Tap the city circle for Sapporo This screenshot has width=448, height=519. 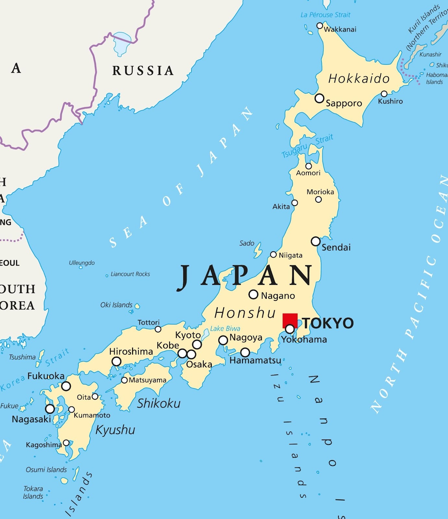click(320, 98)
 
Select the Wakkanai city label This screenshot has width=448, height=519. click(340, 30)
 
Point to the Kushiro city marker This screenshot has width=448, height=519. click(384, 94)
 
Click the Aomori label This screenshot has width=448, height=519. click(308, 173)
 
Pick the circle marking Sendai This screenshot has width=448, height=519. click(315, 241)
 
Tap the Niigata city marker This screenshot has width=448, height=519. click(273, 255)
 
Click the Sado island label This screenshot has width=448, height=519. click(247, 243)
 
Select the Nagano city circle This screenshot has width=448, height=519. click(253, 295)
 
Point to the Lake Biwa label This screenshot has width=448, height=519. click(225, 329)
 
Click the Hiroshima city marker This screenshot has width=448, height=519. click(116, 361)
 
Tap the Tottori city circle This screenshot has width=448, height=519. click(158, 329)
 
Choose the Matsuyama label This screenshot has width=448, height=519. click(148, 380)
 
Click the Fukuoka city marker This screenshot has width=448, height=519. click(66, 386)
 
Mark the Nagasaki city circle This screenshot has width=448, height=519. click(50, 409)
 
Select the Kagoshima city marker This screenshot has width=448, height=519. click(66, 443)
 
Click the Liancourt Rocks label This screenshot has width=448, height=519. click(130, 274)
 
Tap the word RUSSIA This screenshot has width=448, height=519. click(143, 70)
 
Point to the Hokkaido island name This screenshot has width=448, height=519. click(359, 78)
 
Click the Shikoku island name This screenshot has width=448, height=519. click(159, 404)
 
